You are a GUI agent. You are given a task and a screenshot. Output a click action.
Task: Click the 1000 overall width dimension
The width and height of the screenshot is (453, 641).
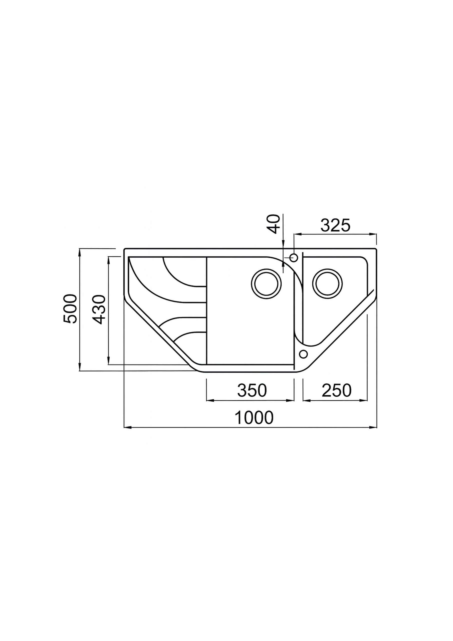coord(254,425)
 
